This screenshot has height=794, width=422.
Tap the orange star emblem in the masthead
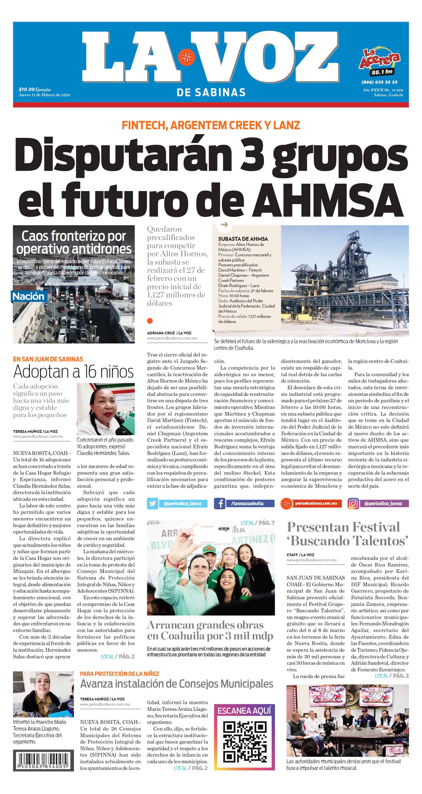(186, 57)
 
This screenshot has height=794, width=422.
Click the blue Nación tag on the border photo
(28, 296)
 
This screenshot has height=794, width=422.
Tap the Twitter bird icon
(152, 503)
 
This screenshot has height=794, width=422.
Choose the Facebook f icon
(220, 503)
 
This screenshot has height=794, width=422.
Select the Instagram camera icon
(353, 503)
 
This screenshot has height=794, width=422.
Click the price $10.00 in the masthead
(27, 89)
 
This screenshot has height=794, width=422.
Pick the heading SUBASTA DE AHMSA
(243, 239)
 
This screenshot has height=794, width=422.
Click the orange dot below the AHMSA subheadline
(150, 321)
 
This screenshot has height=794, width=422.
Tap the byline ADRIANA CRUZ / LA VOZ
(169, 333)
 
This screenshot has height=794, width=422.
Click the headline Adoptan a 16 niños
(73, 372)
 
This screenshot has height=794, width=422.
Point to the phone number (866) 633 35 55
(379, 82)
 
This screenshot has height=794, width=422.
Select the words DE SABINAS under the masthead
(211, 92)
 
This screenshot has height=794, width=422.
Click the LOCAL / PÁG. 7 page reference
(257, 523)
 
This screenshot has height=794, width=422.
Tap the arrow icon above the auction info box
(224, 225)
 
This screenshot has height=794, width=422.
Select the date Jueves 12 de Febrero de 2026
(44, 95)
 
